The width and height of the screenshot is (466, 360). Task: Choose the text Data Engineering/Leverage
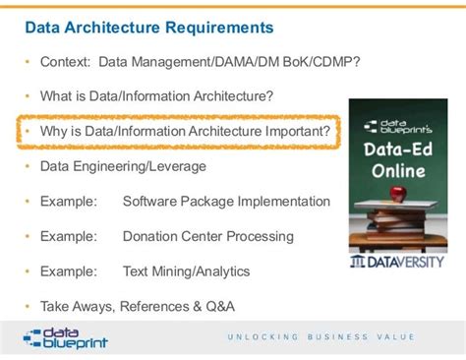(x=123, y=166)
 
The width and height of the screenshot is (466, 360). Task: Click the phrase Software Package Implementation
(x=226, y=201)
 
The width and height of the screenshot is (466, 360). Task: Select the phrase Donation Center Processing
(x=207, y=236)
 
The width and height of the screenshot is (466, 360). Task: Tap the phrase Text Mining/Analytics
(x=186, y=270)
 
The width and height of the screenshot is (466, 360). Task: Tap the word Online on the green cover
(x=400, y=171)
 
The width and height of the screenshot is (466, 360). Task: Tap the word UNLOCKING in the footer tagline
(x=257, y=337)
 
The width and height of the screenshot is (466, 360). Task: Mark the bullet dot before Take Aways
(x=28, y=306)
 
